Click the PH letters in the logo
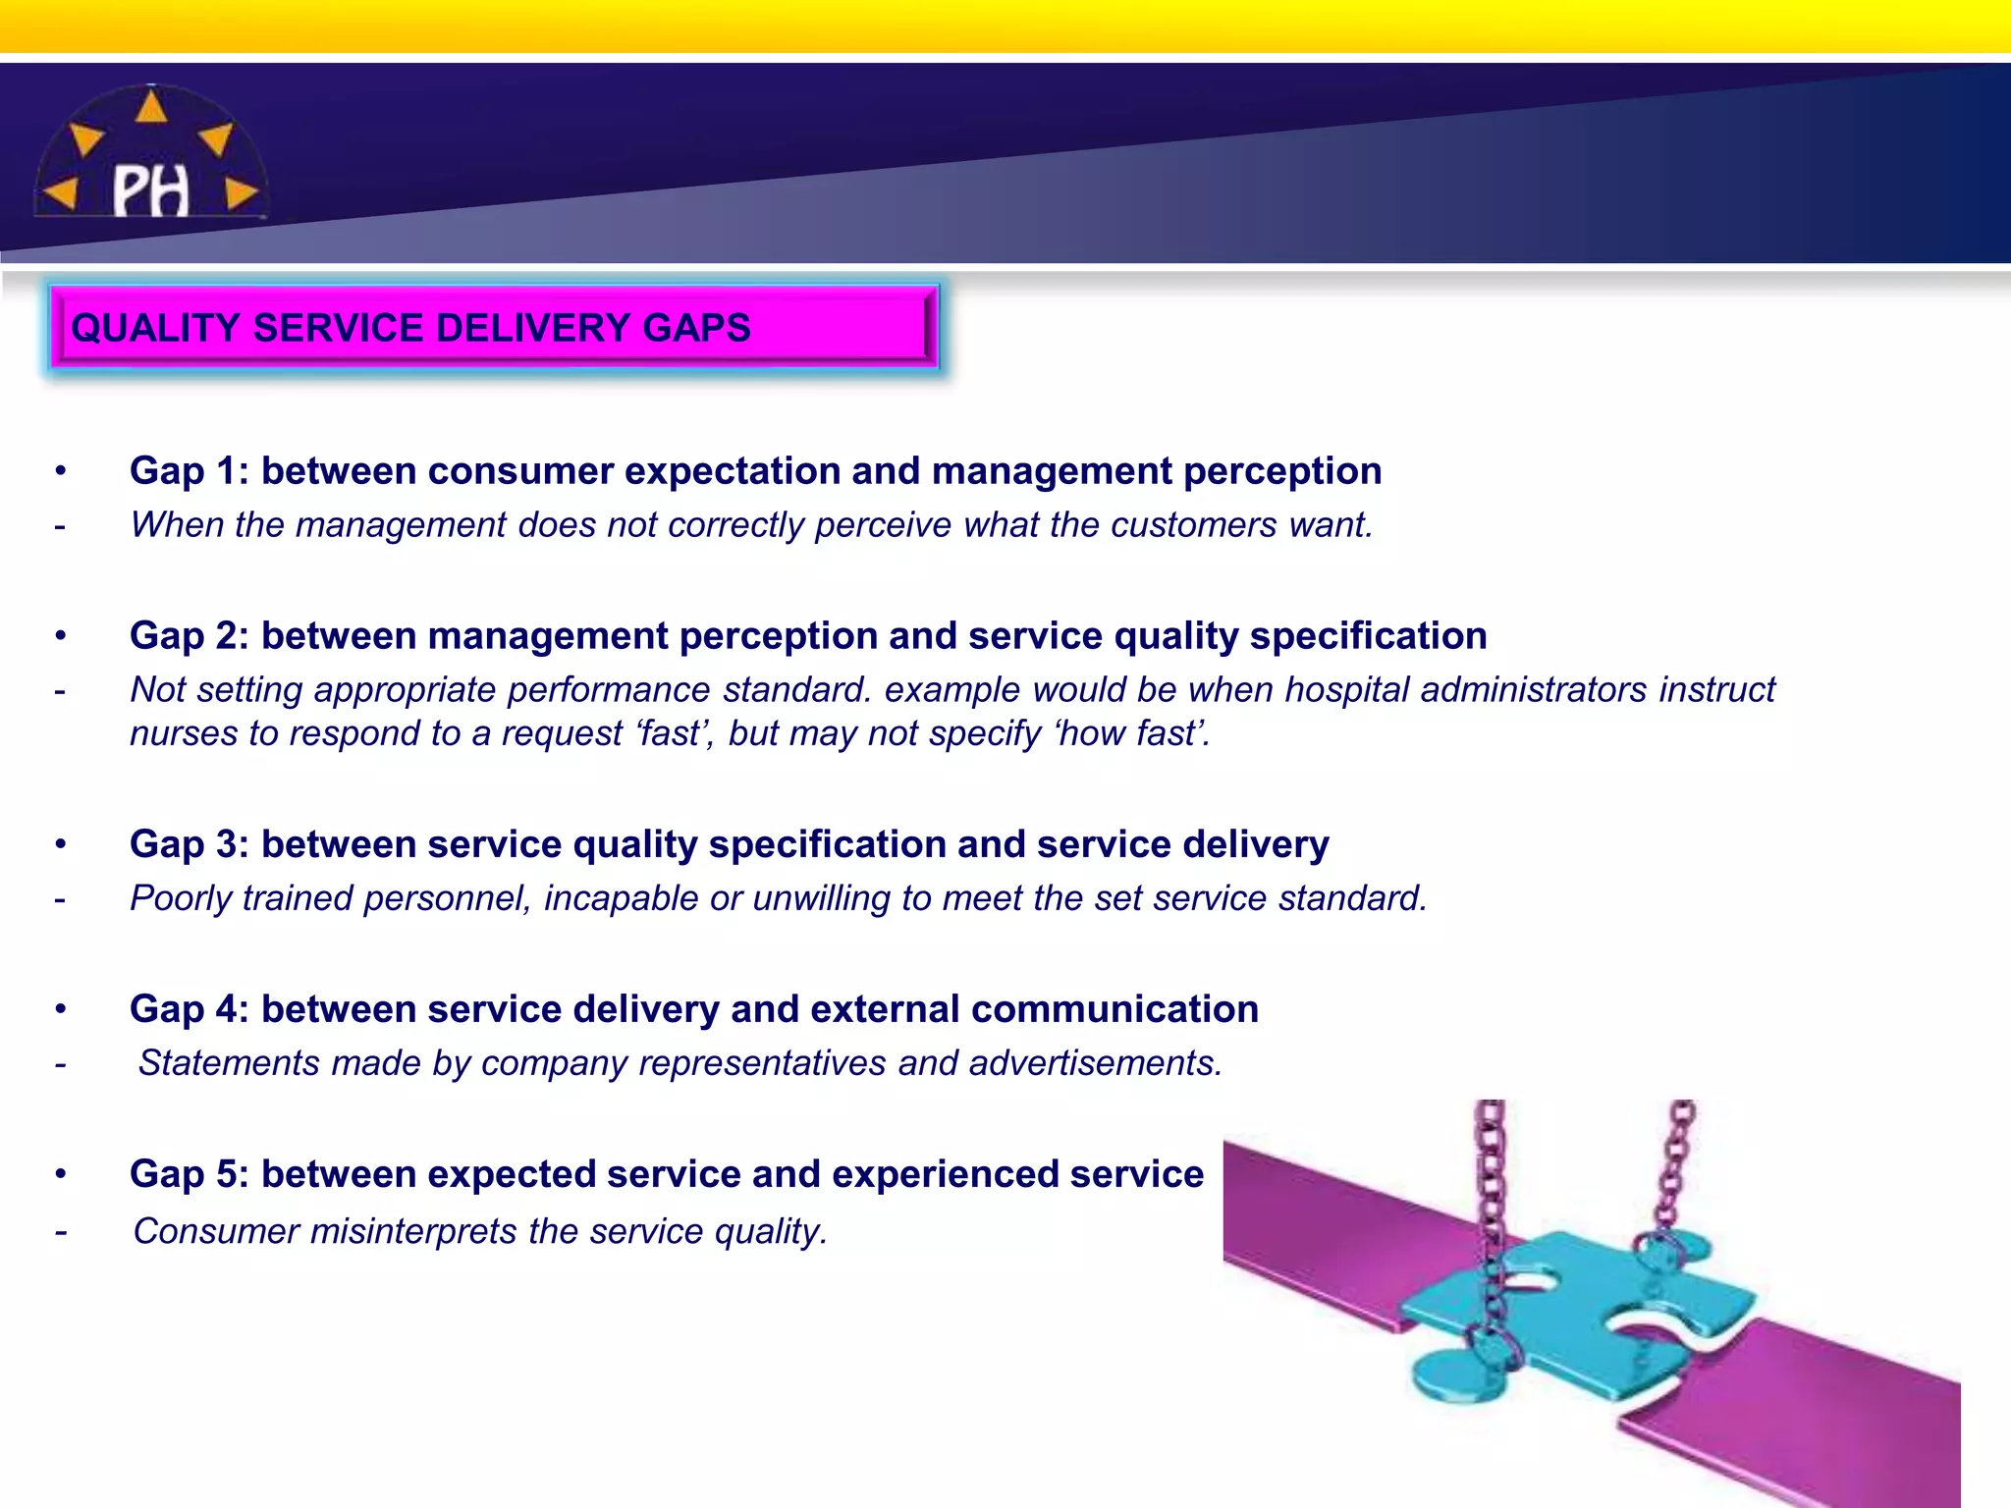(x=150, y=190)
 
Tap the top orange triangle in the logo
(x=150, y=106)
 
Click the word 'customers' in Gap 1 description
(x=1194, y=525)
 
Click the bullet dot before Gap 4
(x=61, y=1009)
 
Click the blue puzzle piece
(x=1571, y=1316)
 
